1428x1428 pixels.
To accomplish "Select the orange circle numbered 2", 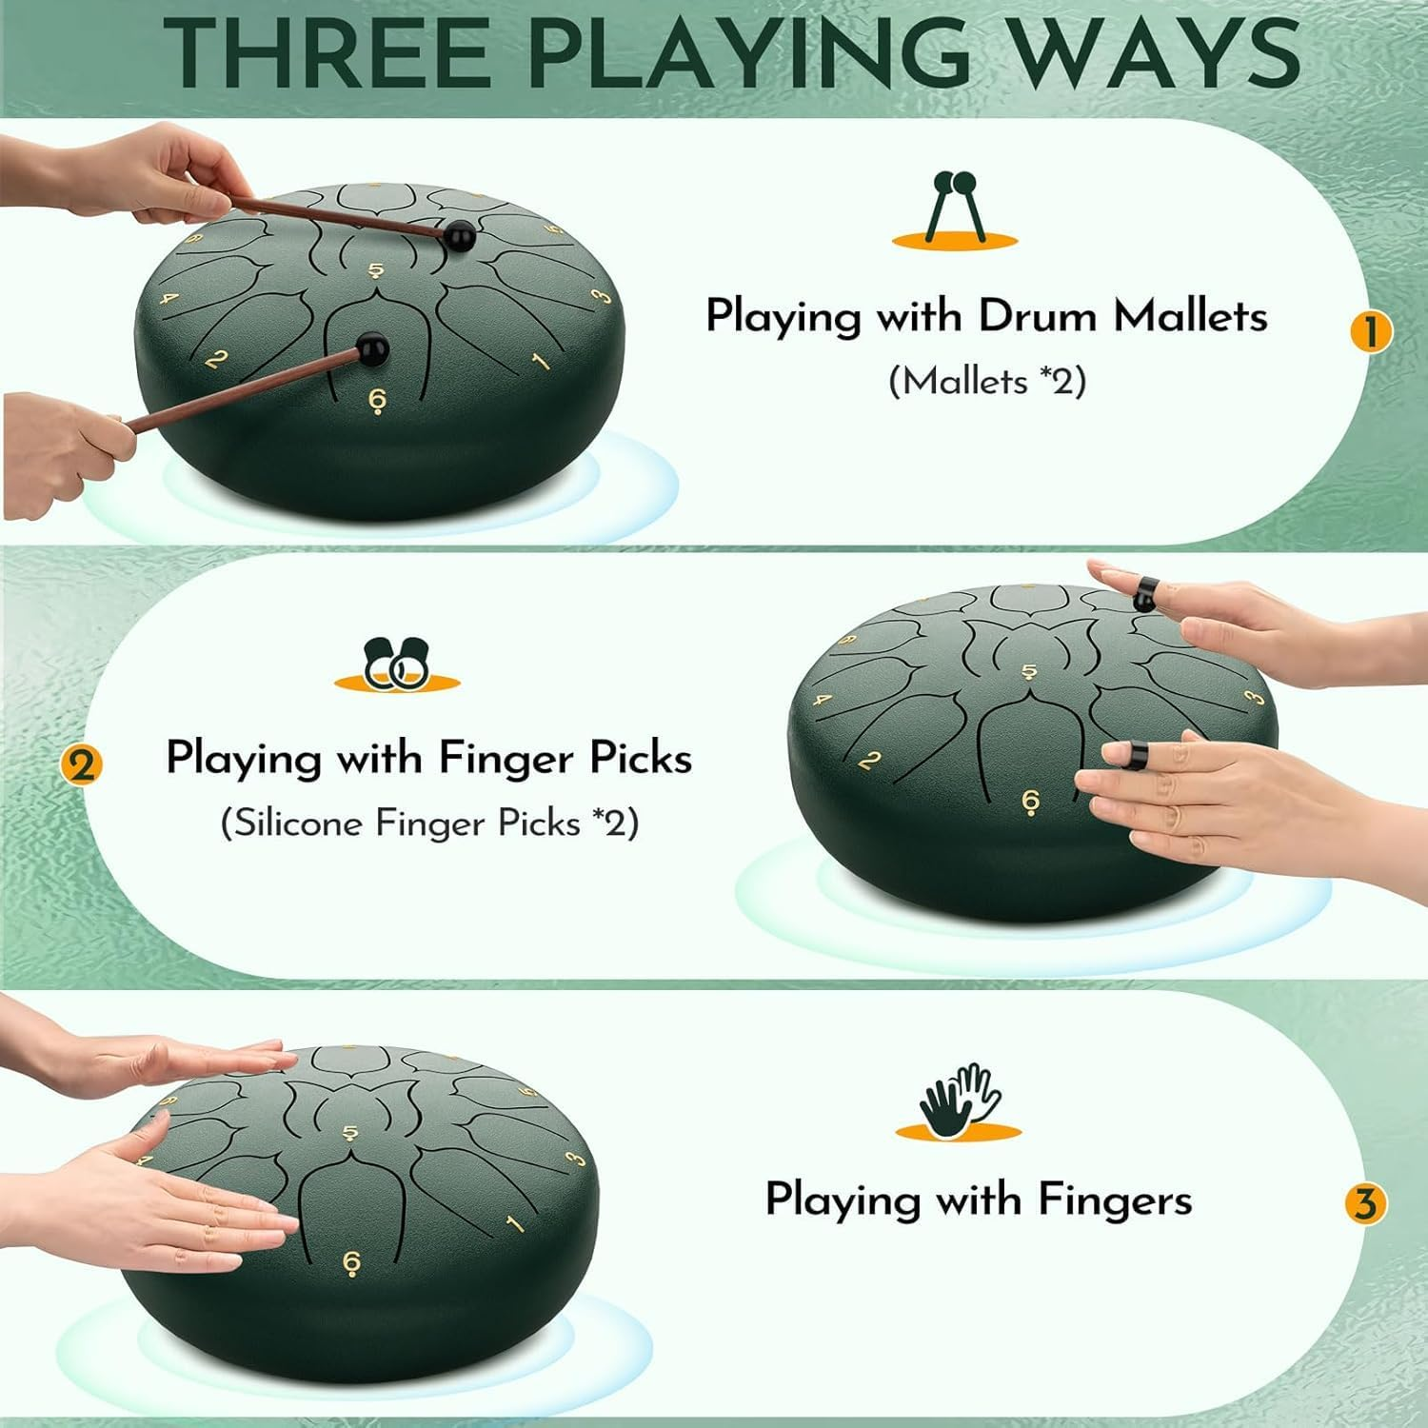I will pos(81,764).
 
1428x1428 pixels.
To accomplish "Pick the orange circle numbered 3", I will pos(1365,1204).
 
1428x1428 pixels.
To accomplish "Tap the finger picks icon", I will pos(397,663).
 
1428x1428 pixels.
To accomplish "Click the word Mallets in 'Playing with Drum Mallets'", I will pos(1190,316).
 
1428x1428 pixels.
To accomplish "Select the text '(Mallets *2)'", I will pos(987,382).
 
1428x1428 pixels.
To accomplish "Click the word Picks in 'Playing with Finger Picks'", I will pos(641,759).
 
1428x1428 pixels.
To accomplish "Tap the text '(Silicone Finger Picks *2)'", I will pos(429,823).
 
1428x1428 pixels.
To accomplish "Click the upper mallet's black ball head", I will pos(461,235).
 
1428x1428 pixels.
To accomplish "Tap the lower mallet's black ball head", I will pos(373,348).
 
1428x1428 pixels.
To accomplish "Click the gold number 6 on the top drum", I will pos(377,401).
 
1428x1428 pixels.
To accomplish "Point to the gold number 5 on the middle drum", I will pos(1029,672).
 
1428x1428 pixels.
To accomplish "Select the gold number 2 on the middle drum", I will pos(868,762).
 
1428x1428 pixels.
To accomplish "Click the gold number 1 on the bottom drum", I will pos(514,1222).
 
